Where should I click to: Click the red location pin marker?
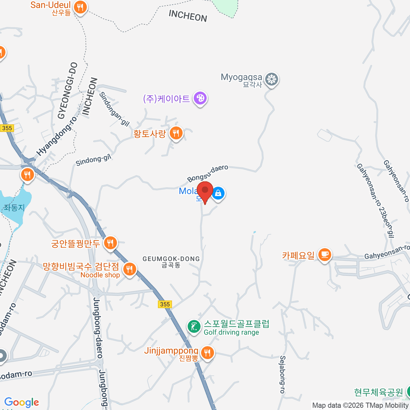(205, 191)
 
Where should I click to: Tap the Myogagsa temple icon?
(272, 79)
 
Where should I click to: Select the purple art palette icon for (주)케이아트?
(200, 98)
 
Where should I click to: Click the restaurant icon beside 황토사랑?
(176, 133)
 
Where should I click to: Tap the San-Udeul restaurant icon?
(80, 6)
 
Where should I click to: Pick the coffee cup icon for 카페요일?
(325, 255)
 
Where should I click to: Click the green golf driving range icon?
(194, 326)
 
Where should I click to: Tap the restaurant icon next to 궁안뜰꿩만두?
(110, 243)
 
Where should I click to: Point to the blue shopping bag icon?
(218, 194)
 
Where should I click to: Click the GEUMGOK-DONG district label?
(171, 261)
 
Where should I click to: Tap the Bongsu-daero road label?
(207, 173)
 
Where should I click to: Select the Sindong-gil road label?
(93, 160)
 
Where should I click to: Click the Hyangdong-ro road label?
(57, 136)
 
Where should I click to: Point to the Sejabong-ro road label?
(282, 374)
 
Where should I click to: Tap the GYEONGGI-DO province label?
(67, 91)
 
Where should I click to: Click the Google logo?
(22, 402)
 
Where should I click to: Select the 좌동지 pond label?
(14, 207)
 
